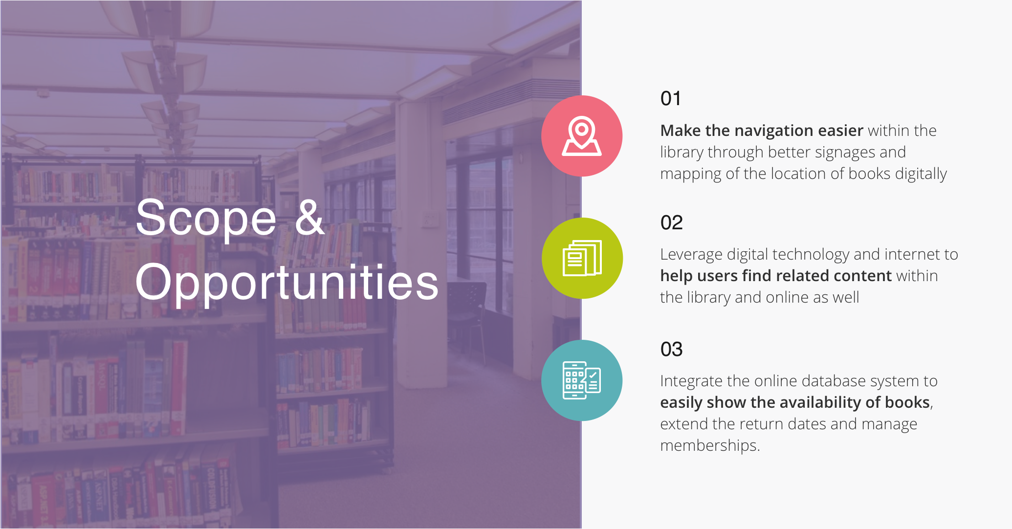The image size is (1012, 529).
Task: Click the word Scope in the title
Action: [x=206, y=219]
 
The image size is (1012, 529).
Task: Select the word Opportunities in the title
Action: [x=287, y=283]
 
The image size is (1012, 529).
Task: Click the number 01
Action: [x=670, y=99]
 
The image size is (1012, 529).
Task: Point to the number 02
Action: [x=671, y=223]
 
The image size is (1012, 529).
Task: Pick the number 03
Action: [x=671, y=350]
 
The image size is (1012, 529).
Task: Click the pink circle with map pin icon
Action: [x=582, y=136]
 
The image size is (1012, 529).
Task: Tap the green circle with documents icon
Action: [x=582, y=258]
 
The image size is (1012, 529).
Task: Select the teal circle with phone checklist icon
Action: [x=582, y=380]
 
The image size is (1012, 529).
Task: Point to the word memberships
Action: [x=710, y=446]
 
